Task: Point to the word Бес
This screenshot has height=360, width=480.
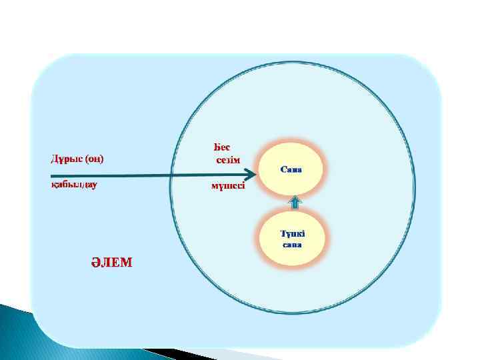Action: point(222,147)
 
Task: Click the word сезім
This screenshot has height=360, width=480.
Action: point(227,160)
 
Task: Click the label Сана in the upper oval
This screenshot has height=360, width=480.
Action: point(291,169)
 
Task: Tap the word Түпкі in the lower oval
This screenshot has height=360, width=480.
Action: point(291,233)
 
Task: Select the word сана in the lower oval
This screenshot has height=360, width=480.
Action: point(292,245)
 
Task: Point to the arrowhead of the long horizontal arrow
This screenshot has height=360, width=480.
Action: point(253,175)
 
